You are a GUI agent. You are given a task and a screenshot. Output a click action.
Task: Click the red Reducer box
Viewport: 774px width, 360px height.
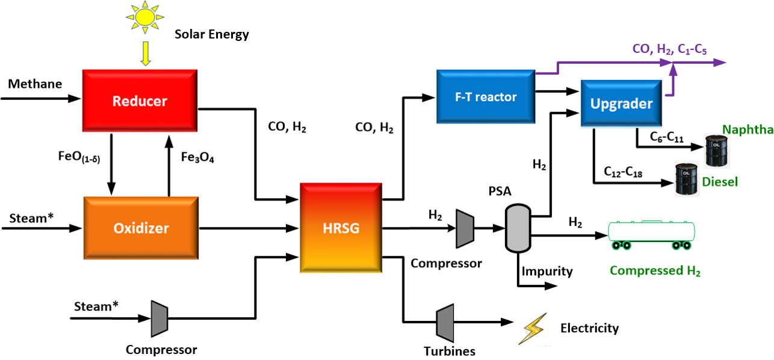(140, 101)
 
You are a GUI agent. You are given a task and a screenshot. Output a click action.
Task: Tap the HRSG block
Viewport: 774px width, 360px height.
(341, 228)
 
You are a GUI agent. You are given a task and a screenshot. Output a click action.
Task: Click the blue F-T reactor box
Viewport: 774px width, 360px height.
(486, 96)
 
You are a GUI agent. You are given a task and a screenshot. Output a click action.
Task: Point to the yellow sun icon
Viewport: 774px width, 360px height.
(145, 17)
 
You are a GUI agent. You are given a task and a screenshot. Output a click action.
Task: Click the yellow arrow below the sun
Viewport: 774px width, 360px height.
(145, 54)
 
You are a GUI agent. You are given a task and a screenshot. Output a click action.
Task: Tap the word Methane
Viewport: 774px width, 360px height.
(35, 84)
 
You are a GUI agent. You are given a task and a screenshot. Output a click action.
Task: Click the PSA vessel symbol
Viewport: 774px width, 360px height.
(516, 228)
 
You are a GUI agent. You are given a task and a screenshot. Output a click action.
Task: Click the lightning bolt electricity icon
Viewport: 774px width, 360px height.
(534, 328)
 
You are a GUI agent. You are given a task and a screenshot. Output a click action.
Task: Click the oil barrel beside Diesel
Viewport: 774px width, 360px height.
(686, 179)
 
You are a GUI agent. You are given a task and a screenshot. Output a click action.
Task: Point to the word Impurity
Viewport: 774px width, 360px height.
(547, 271)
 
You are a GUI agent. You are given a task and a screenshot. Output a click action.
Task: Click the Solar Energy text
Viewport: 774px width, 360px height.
(212, 34)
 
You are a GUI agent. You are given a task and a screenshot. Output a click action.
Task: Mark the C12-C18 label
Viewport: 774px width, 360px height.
(623, 172)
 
